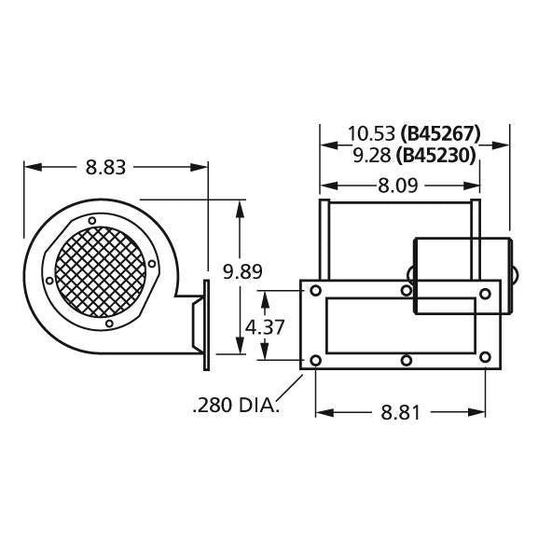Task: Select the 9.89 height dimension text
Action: pos(241,271)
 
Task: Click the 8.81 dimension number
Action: pos(401,412)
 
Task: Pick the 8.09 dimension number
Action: pos(397,186)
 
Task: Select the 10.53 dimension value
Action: pos(371,132)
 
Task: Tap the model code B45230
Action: pos(438,154)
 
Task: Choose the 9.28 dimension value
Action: pos(371,154)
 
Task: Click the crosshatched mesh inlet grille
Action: pos(100,271)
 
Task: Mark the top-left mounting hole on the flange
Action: pos(315,292)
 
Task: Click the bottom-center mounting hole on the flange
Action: pos(406,359)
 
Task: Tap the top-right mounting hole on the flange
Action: pos(485,295)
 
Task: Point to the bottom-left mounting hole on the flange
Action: pos(315,360)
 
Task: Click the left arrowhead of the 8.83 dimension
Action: pos(29,168)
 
